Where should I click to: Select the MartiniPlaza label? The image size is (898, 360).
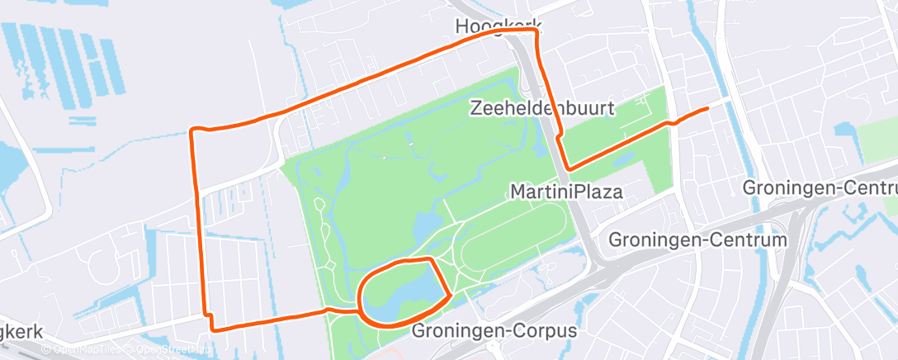566,192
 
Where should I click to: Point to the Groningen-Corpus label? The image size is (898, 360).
494,331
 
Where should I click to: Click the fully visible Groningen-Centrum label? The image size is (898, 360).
697,240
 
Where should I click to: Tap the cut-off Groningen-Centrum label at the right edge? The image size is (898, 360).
820,187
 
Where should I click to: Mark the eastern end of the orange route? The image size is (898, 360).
707,109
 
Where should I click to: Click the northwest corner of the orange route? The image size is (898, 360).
192,130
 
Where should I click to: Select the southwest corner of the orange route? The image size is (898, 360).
213,329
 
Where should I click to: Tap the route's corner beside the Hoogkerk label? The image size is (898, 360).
537,31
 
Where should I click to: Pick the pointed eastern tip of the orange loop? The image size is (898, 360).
450,294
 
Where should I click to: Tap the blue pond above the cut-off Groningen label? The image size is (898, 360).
846,130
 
